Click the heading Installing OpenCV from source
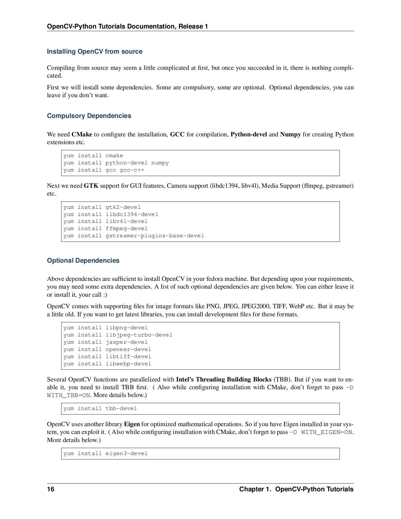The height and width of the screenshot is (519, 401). tap(95, 52)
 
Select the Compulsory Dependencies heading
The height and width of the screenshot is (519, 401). tap(89, 116)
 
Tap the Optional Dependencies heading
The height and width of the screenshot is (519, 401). tap(83, 261)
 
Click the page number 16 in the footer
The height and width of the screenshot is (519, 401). tap(51, 489)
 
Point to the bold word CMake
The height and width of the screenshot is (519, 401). tap(82, 134)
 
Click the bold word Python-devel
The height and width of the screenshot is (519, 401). tap(248, 134)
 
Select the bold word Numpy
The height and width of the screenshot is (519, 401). tap(290, 134)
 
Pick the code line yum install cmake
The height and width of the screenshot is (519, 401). tap(93, 156)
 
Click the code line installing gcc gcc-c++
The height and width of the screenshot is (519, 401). tap(104, 170)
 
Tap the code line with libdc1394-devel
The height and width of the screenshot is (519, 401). tap(111, 215)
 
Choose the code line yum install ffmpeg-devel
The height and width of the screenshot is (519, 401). tap(106, 229)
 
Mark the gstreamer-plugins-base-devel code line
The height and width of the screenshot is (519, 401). tap(134, 236)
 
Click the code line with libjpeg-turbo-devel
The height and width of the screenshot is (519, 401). tap(118, 335)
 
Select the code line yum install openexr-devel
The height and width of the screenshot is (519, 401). tap(107, 349)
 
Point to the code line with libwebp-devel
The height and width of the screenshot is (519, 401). tap(107, 364)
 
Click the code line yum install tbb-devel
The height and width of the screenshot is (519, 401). tap(100, 409)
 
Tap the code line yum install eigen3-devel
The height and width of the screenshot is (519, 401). tap(106, 454)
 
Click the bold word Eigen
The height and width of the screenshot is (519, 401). tap(132, 424)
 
